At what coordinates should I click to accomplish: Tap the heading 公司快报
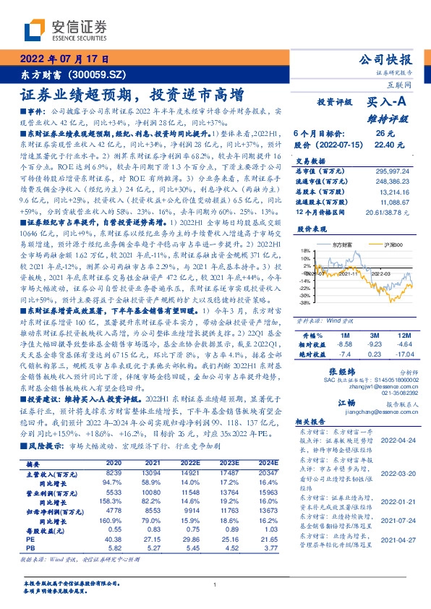(388, 59)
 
